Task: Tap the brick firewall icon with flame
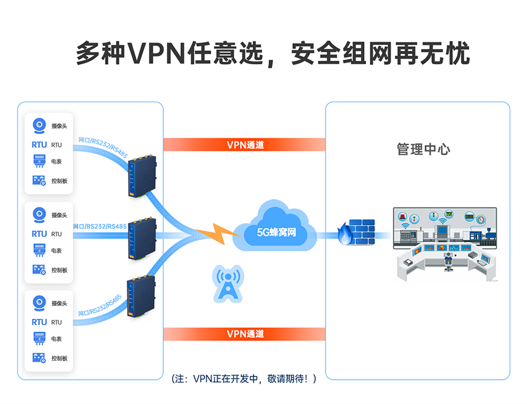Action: tap(357, 233)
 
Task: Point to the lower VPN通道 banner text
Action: tap(245, 334)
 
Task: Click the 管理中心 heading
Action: tap(423, 149)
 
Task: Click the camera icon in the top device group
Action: tap(39, 126)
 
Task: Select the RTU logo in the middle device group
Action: tap(39, 233)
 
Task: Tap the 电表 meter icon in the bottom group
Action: tap(39, 339)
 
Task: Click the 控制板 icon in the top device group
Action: tap(39, 181)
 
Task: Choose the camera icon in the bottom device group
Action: tap(39, 303)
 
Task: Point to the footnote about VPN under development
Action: tap(244, 379)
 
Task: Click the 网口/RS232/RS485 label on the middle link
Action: tap(100, 226)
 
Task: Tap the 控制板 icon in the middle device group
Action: tap(39, 270)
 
